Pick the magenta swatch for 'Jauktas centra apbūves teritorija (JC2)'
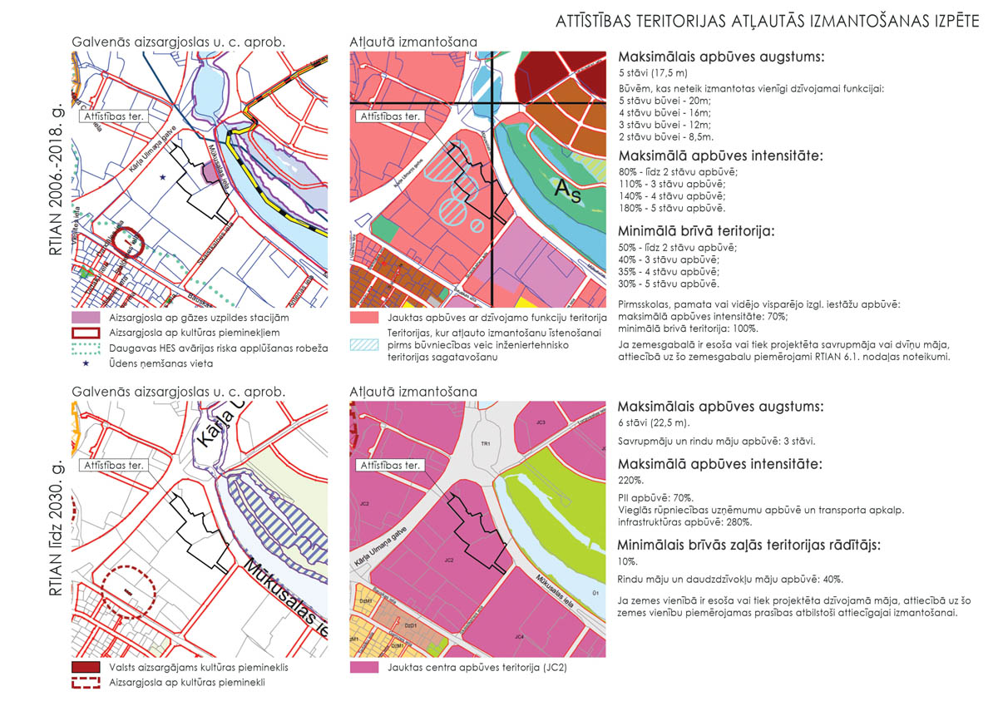click(364, 668)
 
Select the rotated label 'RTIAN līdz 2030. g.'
click(57, 529)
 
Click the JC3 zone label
click(541, 423)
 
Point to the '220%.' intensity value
click(630, 481)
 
